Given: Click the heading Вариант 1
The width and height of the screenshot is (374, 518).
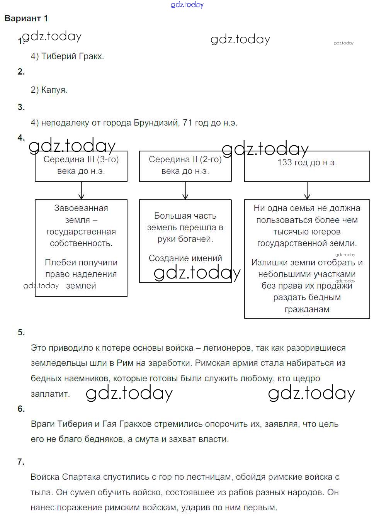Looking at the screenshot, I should click(x=26, y=19).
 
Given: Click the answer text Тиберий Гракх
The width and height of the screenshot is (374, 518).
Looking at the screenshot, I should click(x=72, y=56).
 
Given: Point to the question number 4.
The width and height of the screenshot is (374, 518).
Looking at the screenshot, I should click(x=21, y=138).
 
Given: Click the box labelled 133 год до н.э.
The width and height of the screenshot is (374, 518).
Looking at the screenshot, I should click(x=307, y=166).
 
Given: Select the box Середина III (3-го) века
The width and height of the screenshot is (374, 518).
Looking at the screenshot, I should click(x=81, y=166).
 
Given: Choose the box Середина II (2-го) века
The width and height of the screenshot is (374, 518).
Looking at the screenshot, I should click(x=185, y=166).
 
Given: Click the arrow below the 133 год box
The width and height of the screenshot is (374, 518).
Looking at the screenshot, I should click(x=307, y=190).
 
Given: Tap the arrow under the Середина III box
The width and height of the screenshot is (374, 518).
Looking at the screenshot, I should click(x=81, y=190).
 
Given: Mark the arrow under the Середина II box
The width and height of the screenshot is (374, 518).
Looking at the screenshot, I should click(x=185, y=190).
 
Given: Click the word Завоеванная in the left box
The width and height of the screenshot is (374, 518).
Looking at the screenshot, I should click(x=81, y=208).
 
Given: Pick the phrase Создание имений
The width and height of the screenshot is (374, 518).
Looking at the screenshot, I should click(x=185, y=258).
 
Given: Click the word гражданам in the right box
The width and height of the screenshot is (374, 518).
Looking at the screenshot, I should click(x=307, y=309).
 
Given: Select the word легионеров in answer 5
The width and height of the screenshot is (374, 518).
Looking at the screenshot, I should click(x=227, y=348).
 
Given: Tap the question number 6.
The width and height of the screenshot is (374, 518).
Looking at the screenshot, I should click(x=21, y=409).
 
